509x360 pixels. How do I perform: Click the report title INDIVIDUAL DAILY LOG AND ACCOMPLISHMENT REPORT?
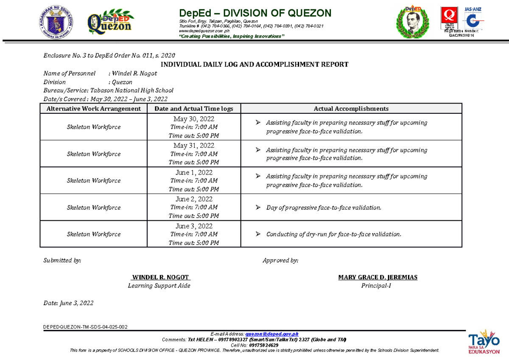tap(254, 65)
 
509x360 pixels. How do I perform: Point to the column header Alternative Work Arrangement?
tap(94, 109)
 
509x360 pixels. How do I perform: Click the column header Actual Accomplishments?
tap(351, 109)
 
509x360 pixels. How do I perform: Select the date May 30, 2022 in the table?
tap(194, 119)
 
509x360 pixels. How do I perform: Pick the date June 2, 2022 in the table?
tap(194, 199)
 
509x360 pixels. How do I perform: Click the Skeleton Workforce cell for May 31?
tap(94, 154)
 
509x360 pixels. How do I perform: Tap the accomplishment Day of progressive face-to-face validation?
tap(324, 208)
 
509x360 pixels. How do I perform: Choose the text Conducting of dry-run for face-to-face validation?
tap(333, 234)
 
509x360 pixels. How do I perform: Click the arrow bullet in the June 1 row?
tap(258, 176)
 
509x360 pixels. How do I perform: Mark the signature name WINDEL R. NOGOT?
tap(161, 277)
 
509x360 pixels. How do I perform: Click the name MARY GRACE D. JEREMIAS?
tap(378, 277)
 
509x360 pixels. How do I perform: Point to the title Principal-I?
tap(376, 286)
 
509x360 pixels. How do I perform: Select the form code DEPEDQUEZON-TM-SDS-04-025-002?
tap(85, 326)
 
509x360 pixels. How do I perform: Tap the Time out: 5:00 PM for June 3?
tap(194, 243)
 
